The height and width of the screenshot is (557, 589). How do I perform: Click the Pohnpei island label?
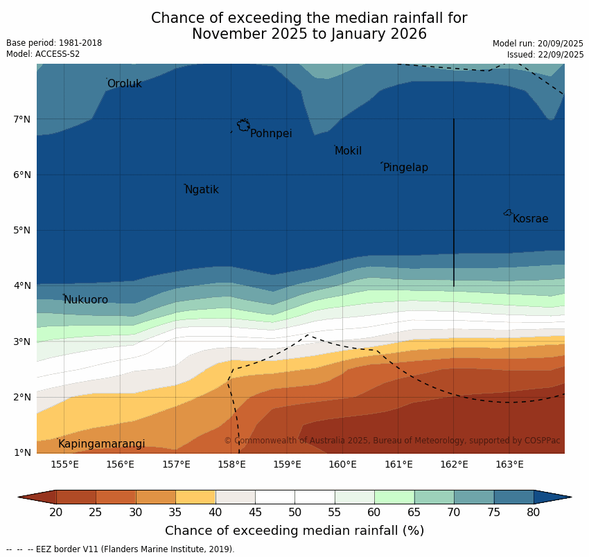[x=271, y=134]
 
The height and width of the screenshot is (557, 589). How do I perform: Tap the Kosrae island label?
[x=530, y=219]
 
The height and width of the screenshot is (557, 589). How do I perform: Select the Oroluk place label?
[x=125, y=84]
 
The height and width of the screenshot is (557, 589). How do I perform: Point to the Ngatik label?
[x=202, y=190]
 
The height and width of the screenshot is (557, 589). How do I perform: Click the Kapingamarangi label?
[x=102, y=444]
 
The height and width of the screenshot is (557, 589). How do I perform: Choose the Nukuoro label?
[x=86, y=300]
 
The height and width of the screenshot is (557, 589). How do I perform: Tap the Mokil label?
[x=349, y=151]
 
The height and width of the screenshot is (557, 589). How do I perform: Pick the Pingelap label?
[x=405, y=168]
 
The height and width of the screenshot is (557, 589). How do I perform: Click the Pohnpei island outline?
[x=243, y=125]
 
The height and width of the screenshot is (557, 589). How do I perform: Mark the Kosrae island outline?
[x=508, y=213]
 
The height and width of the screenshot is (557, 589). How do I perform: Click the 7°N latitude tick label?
[x=22, y=119]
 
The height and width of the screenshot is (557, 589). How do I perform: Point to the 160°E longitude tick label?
[x=342, y=464]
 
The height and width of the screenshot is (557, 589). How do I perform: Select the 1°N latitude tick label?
[x=22, y=452]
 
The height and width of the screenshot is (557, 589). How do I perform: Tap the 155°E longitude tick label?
[x=64, y=464]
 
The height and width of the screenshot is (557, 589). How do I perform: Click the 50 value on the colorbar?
[x=294, y=512]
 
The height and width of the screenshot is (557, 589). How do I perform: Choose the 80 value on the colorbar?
[x=534, y=512]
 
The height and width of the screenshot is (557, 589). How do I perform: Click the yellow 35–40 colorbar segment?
[x=195, y=497]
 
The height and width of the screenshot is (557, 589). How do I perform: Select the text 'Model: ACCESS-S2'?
[x=43, y=54]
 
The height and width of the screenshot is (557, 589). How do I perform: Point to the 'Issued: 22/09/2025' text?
[x=545, y=55]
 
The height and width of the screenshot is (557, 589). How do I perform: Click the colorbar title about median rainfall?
[x=294, y=531]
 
